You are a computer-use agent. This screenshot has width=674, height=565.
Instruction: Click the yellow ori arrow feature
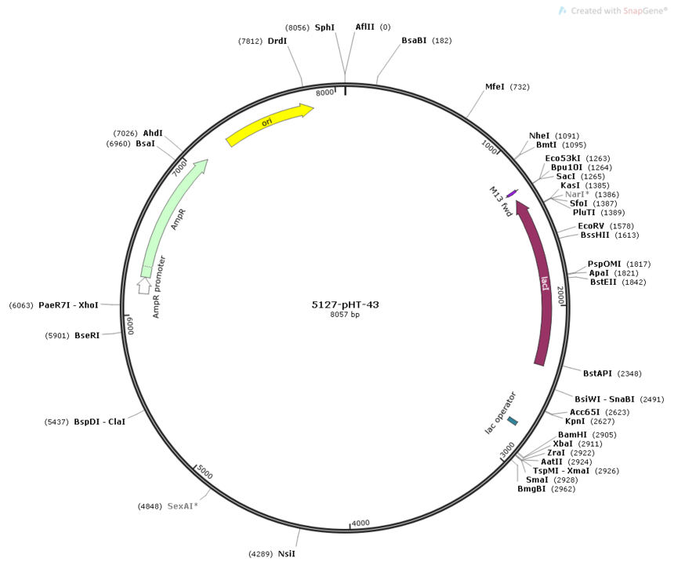(x=269, y=123)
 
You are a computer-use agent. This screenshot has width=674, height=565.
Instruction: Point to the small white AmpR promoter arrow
(x=144, y=286)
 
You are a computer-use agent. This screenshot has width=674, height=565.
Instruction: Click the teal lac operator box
(x=513, y=421)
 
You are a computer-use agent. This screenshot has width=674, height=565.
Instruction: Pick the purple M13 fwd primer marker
(x=512, y=193)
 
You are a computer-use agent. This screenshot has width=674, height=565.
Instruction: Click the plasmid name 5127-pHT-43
(x=345, y=304)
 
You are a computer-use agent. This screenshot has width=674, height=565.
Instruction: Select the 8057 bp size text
(x=345, y=315)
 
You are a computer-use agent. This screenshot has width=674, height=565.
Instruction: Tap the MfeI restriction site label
(x=495, y=87)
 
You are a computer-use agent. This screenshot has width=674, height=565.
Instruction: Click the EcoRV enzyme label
(x=591, y=226)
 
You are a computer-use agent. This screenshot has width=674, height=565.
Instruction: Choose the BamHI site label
(x=572, y=435)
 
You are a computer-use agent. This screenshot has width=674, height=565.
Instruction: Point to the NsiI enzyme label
(x=287, y=554)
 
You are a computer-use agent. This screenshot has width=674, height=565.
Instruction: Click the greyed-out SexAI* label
(x=183, y=506)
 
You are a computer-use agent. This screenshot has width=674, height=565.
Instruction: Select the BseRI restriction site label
(x=87, y=335)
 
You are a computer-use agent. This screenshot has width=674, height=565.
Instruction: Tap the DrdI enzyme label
(x=277, y=41)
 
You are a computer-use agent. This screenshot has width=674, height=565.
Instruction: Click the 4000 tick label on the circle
(x=361, y=523)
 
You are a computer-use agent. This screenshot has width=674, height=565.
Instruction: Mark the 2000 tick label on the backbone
(x=560, y=295)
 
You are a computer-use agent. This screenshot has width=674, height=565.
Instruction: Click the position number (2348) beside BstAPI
(x=629, y=374)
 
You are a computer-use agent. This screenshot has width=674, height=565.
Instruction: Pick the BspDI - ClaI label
(x=100, y=421)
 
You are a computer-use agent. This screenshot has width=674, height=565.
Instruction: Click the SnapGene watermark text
(x=619, y=11)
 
